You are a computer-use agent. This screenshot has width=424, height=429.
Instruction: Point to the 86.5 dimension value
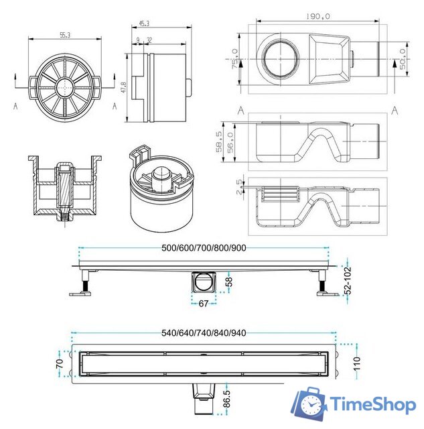coord(228,402)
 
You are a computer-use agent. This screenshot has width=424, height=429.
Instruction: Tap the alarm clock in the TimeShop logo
coord(309,405)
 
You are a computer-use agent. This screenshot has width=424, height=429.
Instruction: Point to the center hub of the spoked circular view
coord(65,86)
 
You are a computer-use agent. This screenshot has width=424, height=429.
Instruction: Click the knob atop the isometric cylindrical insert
coord(161,175)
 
